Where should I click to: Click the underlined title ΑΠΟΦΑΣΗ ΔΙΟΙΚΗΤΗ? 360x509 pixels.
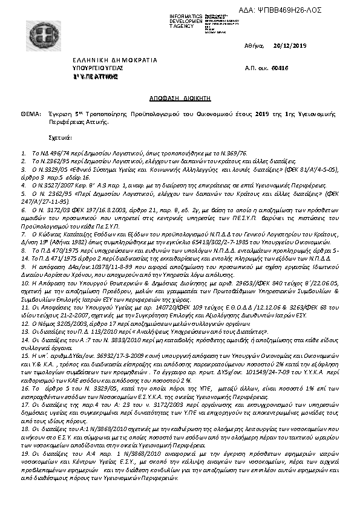[x=180, y=97]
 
